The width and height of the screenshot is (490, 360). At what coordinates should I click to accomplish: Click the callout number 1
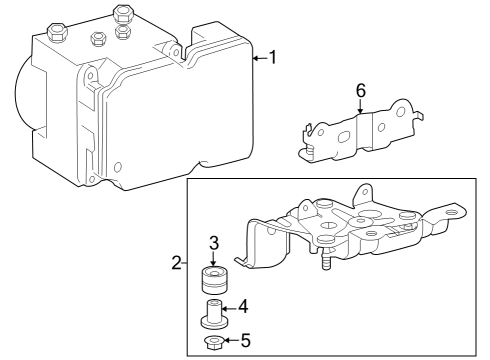[x=272, y=59]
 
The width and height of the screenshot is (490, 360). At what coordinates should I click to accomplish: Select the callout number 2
[x=176, y=264]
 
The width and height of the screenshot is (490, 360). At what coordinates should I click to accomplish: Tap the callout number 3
[x=214, y=242]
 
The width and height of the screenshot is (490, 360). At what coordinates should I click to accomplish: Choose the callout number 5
[x=247, y=342]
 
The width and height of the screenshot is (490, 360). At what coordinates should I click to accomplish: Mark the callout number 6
[x=360, y=91]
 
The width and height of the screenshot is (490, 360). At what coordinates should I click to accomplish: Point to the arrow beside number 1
[x=257, y=59]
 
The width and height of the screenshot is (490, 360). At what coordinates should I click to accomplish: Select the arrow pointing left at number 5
[x=231, y=342]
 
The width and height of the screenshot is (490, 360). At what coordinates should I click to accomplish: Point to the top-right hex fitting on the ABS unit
[x=124, y=15]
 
